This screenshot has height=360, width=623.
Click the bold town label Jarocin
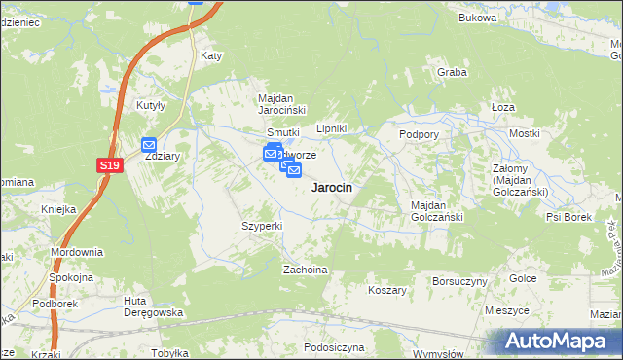pyautogui.click(x=331, y=187)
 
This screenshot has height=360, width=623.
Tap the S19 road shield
pyautogui.click(x=110, y=167)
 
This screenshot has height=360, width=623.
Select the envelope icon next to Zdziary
pyautogui.click(x=150, y=145)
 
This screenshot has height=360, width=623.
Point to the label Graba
pyautogui.click(x=452, y=73)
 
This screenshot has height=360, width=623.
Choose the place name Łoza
pyautogui.click(x=503, y=107)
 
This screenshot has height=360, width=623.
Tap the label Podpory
pyautogui.click(x=419, y=133)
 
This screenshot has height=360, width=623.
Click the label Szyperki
pyautogui.click(x=262, y=226)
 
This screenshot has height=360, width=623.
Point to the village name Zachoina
pyautogui.click(x=304, y=270)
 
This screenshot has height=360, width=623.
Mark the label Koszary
pyautogui.click(x=386, y=290)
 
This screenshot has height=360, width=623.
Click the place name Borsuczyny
pyautogui.click(x=458, y=281)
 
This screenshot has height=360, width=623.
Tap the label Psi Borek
pyautogui.click(x=568, y=217)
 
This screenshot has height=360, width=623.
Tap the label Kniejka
pyautogui.click(x=58, y=209)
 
